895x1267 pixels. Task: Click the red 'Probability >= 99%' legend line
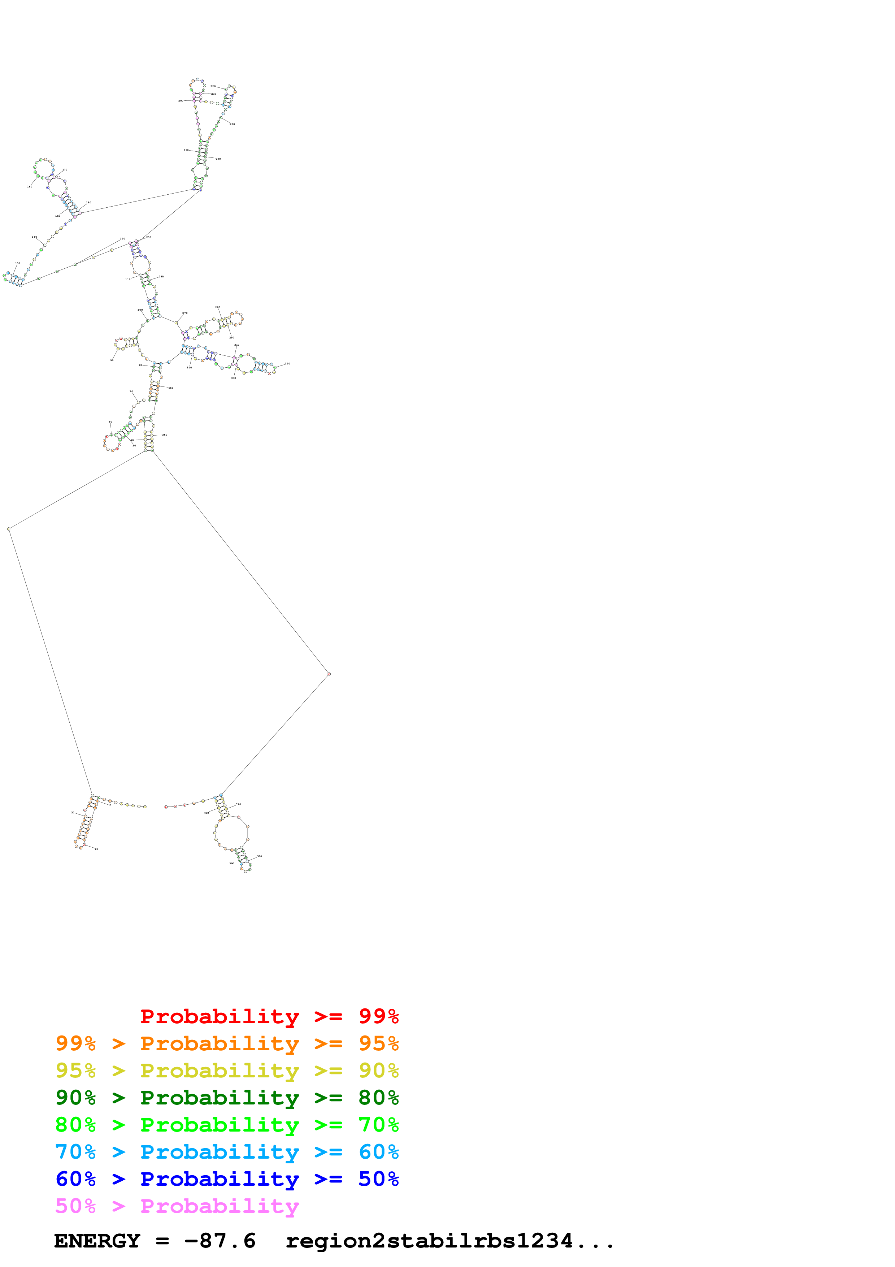(x=269, y=1016)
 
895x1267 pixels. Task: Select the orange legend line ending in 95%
(x=227, y=1043)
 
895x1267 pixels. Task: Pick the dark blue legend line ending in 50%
(x=227, y=1179)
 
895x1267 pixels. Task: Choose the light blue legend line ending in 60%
(x=227, y=1152)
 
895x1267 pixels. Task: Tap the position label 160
(x=30, y=186)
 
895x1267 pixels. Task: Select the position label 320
(x=287, y=364)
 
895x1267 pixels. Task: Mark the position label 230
(x=232, y=124)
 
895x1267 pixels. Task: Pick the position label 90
(x=112, y=360)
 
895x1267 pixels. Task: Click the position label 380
(x=260, y=856)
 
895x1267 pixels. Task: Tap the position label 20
(x=96, y=849)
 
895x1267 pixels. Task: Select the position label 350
(x=171, y=388)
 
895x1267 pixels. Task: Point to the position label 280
(x=218, y=307)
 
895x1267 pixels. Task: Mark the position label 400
(x=206, y=813)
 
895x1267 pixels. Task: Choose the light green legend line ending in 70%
(x=227, y=1125)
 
